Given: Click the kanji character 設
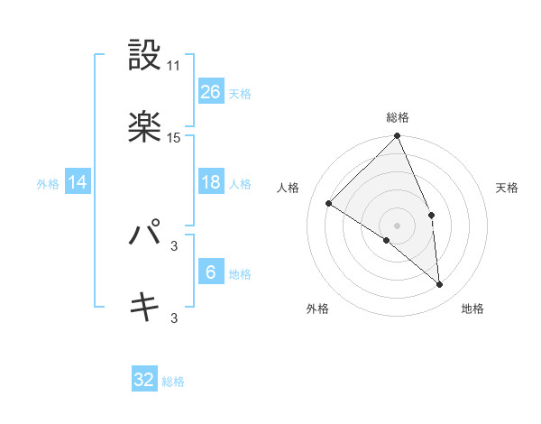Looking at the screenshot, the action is click(x=144, y=56).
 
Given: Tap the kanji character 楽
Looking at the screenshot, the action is click(x=144, y=127).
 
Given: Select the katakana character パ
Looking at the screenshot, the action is click(x=144, y=235).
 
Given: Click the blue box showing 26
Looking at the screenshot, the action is click(x=211, y=91).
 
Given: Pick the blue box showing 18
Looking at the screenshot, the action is click(x=211, y=182).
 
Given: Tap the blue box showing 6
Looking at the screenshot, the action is click(x=211, y=272).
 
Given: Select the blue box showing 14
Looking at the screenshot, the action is click(x=78, y=182).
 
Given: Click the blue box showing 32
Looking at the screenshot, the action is click(x=144, y=380).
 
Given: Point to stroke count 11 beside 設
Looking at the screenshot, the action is click(x=174, y=66).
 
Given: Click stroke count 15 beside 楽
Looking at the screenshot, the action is click(x=174, y=138).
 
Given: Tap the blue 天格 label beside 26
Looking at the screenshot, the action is click(x=240, y=93).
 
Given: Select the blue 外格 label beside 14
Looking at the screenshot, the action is click(x=48, y=183).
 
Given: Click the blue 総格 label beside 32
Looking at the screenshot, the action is click(x=173, y=382).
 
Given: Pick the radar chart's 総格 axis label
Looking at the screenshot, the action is click(x=398, y=117).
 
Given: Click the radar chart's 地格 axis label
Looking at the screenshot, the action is click(x=472, y=309).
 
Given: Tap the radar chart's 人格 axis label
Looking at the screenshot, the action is click(x=289, y=188).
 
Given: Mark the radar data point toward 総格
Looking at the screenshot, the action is click(x=398, y=137).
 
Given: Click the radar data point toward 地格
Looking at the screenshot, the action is click(x=440, y=285).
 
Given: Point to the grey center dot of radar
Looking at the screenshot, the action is click(x=398, y=225).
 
